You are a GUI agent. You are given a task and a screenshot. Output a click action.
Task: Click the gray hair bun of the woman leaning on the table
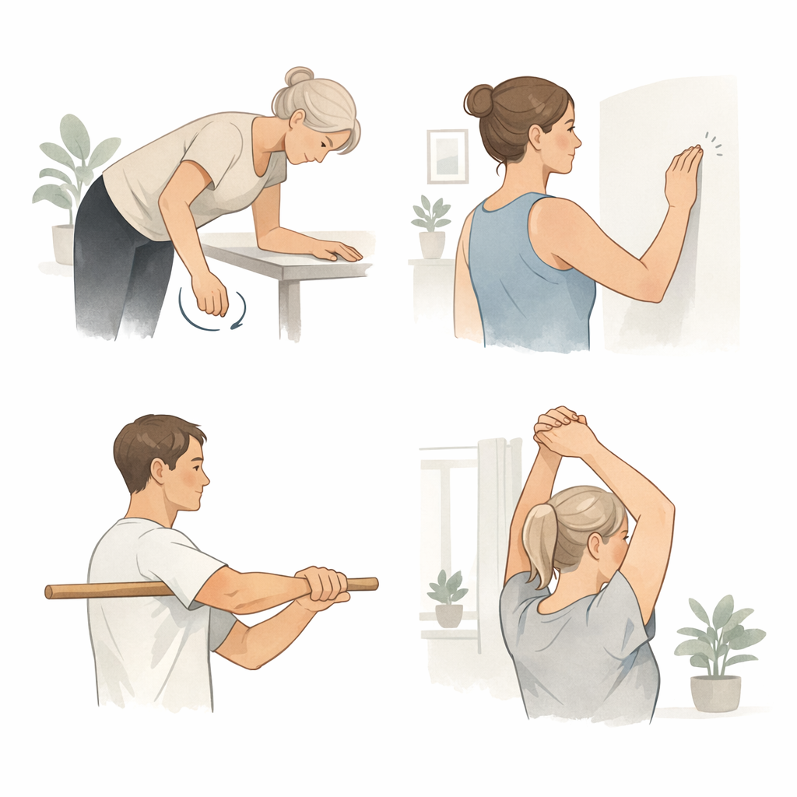pyautogui.click(x=298, y=76)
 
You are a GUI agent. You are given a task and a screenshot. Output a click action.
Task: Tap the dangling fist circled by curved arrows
pyautogui.click(x=210, y=294)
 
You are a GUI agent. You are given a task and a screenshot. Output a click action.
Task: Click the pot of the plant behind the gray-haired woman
pyautogui.click(x=64, y=244)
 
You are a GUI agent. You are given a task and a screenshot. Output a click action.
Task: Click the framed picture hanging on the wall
pyautogui.click(x=448, y=156)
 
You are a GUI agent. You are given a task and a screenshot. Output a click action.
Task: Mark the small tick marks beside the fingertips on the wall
pyautogui.click(x=713, y=143)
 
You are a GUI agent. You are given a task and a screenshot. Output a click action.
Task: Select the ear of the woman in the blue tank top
pyautogui.click(x=537, y=137)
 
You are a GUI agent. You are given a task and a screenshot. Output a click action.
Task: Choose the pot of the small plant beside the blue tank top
pyautogui.click(x=432, y=244)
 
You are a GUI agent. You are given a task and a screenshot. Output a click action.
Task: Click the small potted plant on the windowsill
pyautogui.click(x=448, y=599)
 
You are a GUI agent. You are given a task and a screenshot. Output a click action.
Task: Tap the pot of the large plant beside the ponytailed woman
pyautogui.click(x=715, y=692)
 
